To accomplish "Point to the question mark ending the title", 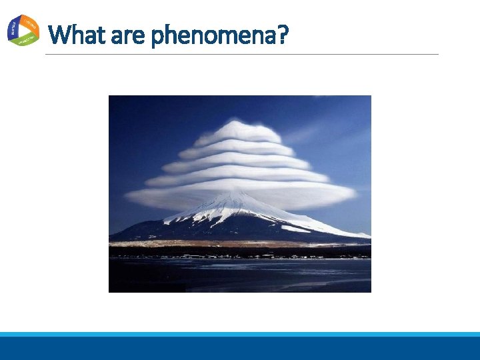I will click(282, 34).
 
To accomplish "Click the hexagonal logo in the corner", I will click(23, 31).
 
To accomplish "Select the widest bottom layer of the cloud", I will click(240, 195).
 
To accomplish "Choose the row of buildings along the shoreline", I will click(240, 255).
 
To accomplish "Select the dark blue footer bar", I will click(240, 348).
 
